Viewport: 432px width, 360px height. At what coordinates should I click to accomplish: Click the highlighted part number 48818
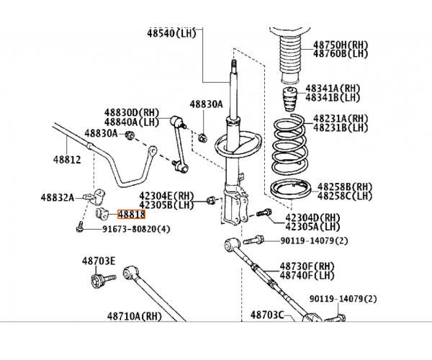click(x=132, y=215)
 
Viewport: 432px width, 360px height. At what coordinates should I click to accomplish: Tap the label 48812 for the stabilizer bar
click(x=67, y=160)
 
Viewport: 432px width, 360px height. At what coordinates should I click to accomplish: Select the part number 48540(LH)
click(x=171, y=33)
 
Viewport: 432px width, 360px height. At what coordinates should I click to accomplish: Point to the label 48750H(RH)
click(x=341, y=45)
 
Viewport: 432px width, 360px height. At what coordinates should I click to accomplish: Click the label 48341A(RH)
click(x=333, y=89)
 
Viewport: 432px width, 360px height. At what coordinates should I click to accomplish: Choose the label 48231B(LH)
click(x=341, y=128)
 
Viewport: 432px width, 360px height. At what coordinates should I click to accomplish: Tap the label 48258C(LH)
click(x=345, y=196)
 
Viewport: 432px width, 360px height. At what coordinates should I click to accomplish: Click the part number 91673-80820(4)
click(x=136, y=229)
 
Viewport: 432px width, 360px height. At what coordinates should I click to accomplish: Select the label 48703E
click(x=99, y=261)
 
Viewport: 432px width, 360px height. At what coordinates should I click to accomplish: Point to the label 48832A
click(x=58, y=197)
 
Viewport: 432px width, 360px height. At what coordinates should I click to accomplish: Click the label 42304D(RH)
click(x=312, y=217)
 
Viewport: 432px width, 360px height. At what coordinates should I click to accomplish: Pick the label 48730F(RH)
click(x=307, y=266)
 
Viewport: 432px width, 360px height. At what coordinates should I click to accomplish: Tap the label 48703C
click(x=267, y=315)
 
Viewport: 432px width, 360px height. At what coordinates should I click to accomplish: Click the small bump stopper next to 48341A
click(x=289, y=99)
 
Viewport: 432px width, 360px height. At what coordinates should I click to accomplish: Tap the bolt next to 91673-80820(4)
click(x=80, y=227)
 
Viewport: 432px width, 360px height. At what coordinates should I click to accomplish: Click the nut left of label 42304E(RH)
click(x=212, y=200)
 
